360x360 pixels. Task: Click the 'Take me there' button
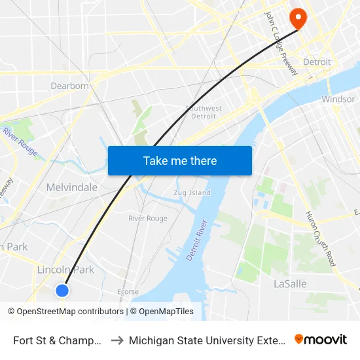pos(180,160)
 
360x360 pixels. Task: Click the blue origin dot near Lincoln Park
pos(62,290)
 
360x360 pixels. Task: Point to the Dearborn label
pos(69,86)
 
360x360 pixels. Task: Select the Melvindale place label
pos(72,187)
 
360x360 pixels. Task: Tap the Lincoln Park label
pos(65,270)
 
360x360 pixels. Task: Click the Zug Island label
pos(194,193)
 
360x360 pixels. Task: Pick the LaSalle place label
pos(289,284)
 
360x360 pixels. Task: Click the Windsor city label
pos(338,99)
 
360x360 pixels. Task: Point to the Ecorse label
pos(128,292)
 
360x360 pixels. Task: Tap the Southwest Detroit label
pos(204,112)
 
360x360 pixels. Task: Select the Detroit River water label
pos(196,240)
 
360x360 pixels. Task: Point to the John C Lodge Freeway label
pos(281,43)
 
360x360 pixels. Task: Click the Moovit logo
pos(321,340)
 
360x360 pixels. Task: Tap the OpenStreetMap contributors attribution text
pos(65,312)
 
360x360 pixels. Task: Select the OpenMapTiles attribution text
pos(162,312)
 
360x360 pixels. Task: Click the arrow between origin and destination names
pos(117,340)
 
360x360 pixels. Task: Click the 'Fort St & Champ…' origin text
pos(58,340)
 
